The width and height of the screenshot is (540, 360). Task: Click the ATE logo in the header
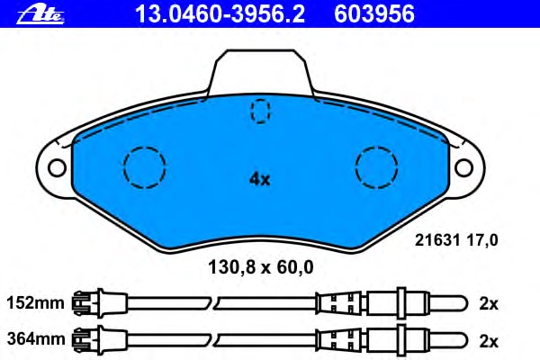coord(40,16)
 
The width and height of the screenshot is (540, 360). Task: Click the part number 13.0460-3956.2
coord(220,14)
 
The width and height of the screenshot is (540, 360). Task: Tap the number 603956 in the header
coord(374,14)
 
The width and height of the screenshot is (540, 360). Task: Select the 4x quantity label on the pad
coord(260,179)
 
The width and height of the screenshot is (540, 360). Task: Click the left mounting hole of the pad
coord(58,167)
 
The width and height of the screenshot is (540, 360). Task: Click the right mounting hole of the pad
coord(463,167)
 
